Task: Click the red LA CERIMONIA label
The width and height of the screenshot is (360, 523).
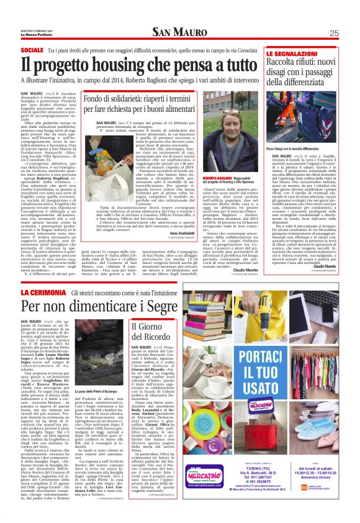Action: coord(43,291)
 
